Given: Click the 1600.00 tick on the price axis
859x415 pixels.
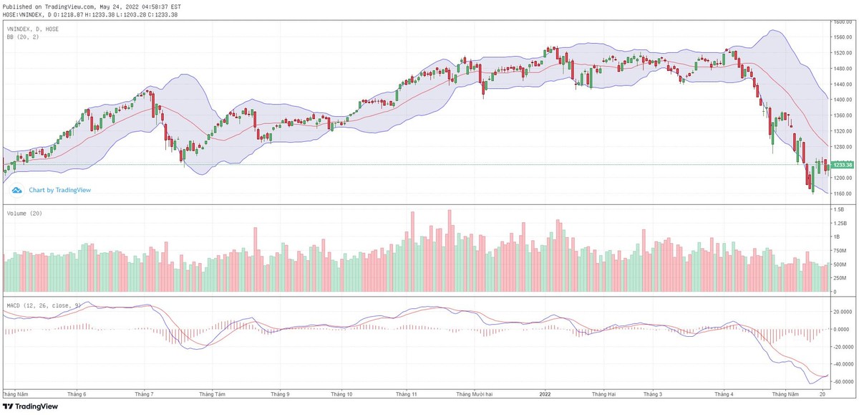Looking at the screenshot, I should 842,22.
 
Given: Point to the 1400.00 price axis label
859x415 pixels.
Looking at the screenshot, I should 842,100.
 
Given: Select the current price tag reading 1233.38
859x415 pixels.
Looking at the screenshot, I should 842,165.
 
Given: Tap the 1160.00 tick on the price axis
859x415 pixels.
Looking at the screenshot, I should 842,194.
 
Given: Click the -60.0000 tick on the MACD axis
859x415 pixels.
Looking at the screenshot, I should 843,381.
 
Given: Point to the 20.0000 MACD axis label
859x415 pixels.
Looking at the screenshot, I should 842,312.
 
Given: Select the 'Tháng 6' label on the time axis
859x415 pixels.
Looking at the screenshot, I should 75,393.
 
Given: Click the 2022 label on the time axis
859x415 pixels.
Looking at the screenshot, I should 545,393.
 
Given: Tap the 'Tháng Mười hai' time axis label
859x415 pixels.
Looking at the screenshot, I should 475,393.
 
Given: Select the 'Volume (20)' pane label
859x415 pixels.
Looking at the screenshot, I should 22,214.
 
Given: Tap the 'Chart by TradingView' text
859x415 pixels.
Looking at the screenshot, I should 59,190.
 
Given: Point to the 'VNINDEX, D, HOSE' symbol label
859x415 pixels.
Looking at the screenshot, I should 33,29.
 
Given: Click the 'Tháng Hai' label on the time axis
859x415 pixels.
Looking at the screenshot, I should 603,393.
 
